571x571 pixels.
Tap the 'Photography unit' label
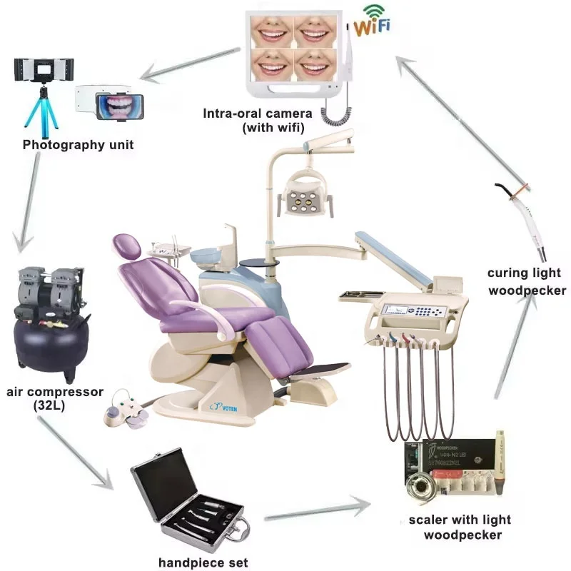[78, 145]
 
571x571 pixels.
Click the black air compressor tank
[50, 343]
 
